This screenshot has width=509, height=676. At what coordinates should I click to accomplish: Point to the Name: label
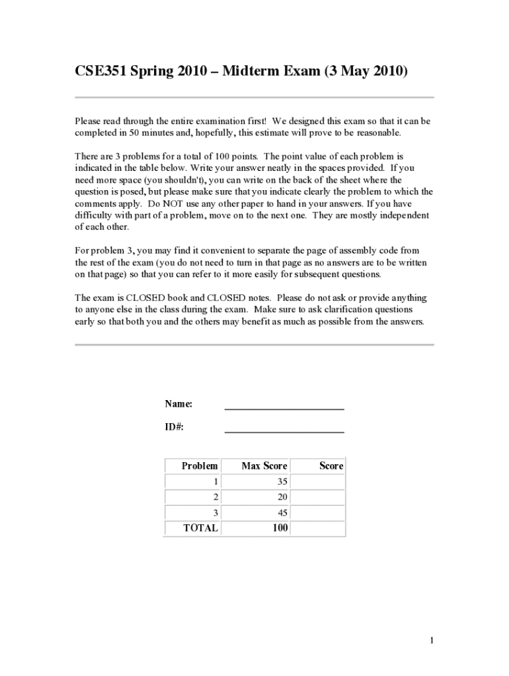(178, 404)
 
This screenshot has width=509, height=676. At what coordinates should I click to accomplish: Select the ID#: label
(175, 426)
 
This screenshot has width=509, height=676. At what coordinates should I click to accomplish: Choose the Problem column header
(200, 466)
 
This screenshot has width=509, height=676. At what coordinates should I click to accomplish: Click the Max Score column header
(264, 466)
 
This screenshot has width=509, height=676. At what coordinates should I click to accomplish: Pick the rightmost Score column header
(331, 466)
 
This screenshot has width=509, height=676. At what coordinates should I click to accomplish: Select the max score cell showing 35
(282, 482)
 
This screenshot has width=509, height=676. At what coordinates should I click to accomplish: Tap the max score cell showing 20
(282, 497)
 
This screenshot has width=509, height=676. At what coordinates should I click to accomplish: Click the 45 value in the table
(282, 513)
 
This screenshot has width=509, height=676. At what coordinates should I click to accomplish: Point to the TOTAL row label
(200, 528)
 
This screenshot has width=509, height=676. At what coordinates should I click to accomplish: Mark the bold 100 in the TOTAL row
(280, 528)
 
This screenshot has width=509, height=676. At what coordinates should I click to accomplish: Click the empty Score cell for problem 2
(317, 497)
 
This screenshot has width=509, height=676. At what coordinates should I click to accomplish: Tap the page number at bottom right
(431, 640)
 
